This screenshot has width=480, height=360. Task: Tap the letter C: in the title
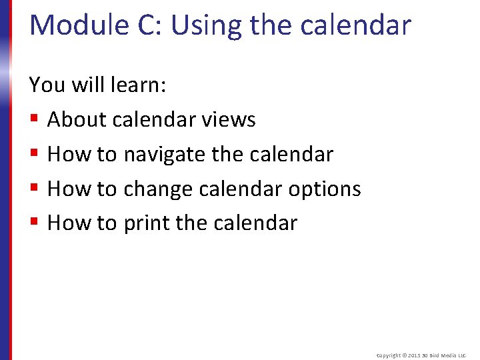[148, 25]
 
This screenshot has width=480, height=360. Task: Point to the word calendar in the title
[356, 25]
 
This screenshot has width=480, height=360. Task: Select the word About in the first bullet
[77, 120]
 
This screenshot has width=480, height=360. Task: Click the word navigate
[164, 155]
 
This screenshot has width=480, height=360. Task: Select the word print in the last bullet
[147, 223]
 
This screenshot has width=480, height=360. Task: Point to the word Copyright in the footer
[389, 356]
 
